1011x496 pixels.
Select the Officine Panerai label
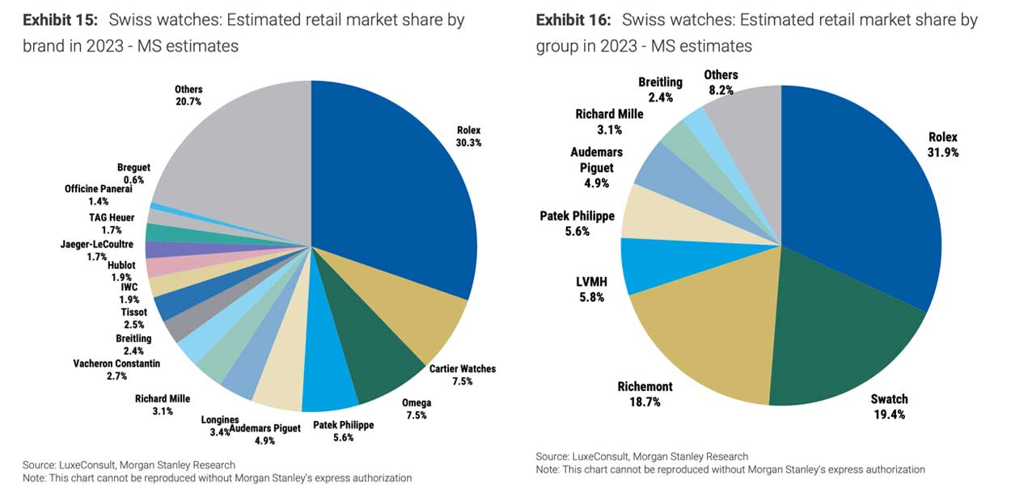pyautogui.click(x=98, y=194)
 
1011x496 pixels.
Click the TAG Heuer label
pyautogui.click(x=112, y=223)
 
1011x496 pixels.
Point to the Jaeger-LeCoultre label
pyautogui.click(x=91, y=250)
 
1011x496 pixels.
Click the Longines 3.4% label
pyautogui.click(x=220, y=425)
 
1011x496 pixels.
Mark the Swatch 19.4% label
pyautogui.click(x=889, y=406)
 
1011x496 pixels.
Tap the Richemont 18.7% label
pyautogui.click(x=645, y=393)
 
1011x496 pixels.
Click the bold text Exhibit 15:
pyautogui.click(x=61, y=20)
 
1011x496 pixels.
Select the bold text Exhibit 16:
pyautogui.click(x=573, y=20)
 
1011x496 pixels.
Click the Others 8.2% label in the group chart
pyautogui.click(x=720, y=82)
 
